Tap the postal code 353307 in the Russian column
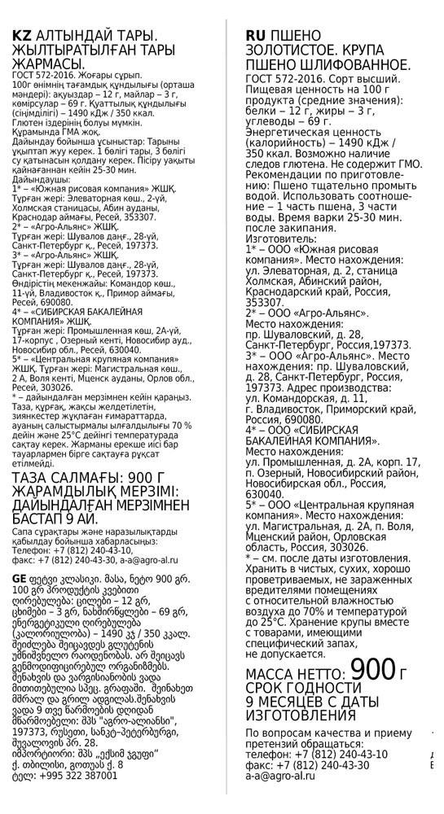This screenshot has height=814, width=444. tap(266, 303)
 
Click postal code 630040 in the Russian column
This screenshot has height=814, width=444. tap(266, 493)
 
